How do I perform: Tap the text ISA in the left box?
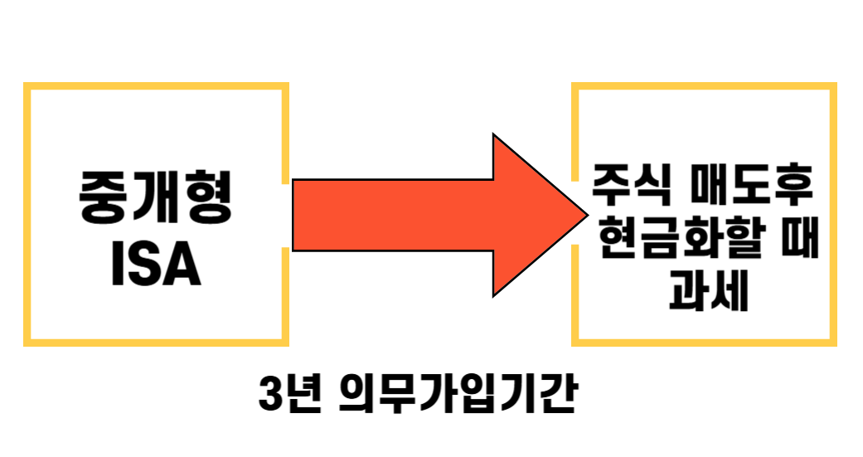click(x=156, y=265)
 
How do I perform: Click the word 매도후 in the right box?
click(x=753, y=189)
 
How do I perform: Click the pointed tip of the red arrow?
click(x=585, y=215)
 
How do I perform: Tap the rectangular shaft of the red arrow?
click(x=390, y=215)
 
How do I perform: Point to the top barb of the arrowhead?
click(x=496, y=138)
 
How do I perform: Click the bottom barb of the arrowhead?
click(x=496, y=293)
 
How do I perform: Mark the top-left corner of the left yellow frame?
click(x=27, y=85)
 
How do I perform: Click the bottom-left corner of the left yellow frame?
click(x=27, y=342)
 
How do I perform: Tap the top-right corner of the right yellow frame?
click(x=833, y=85)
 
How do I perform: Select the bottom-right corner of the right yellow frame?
click(x=833, y=342)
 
